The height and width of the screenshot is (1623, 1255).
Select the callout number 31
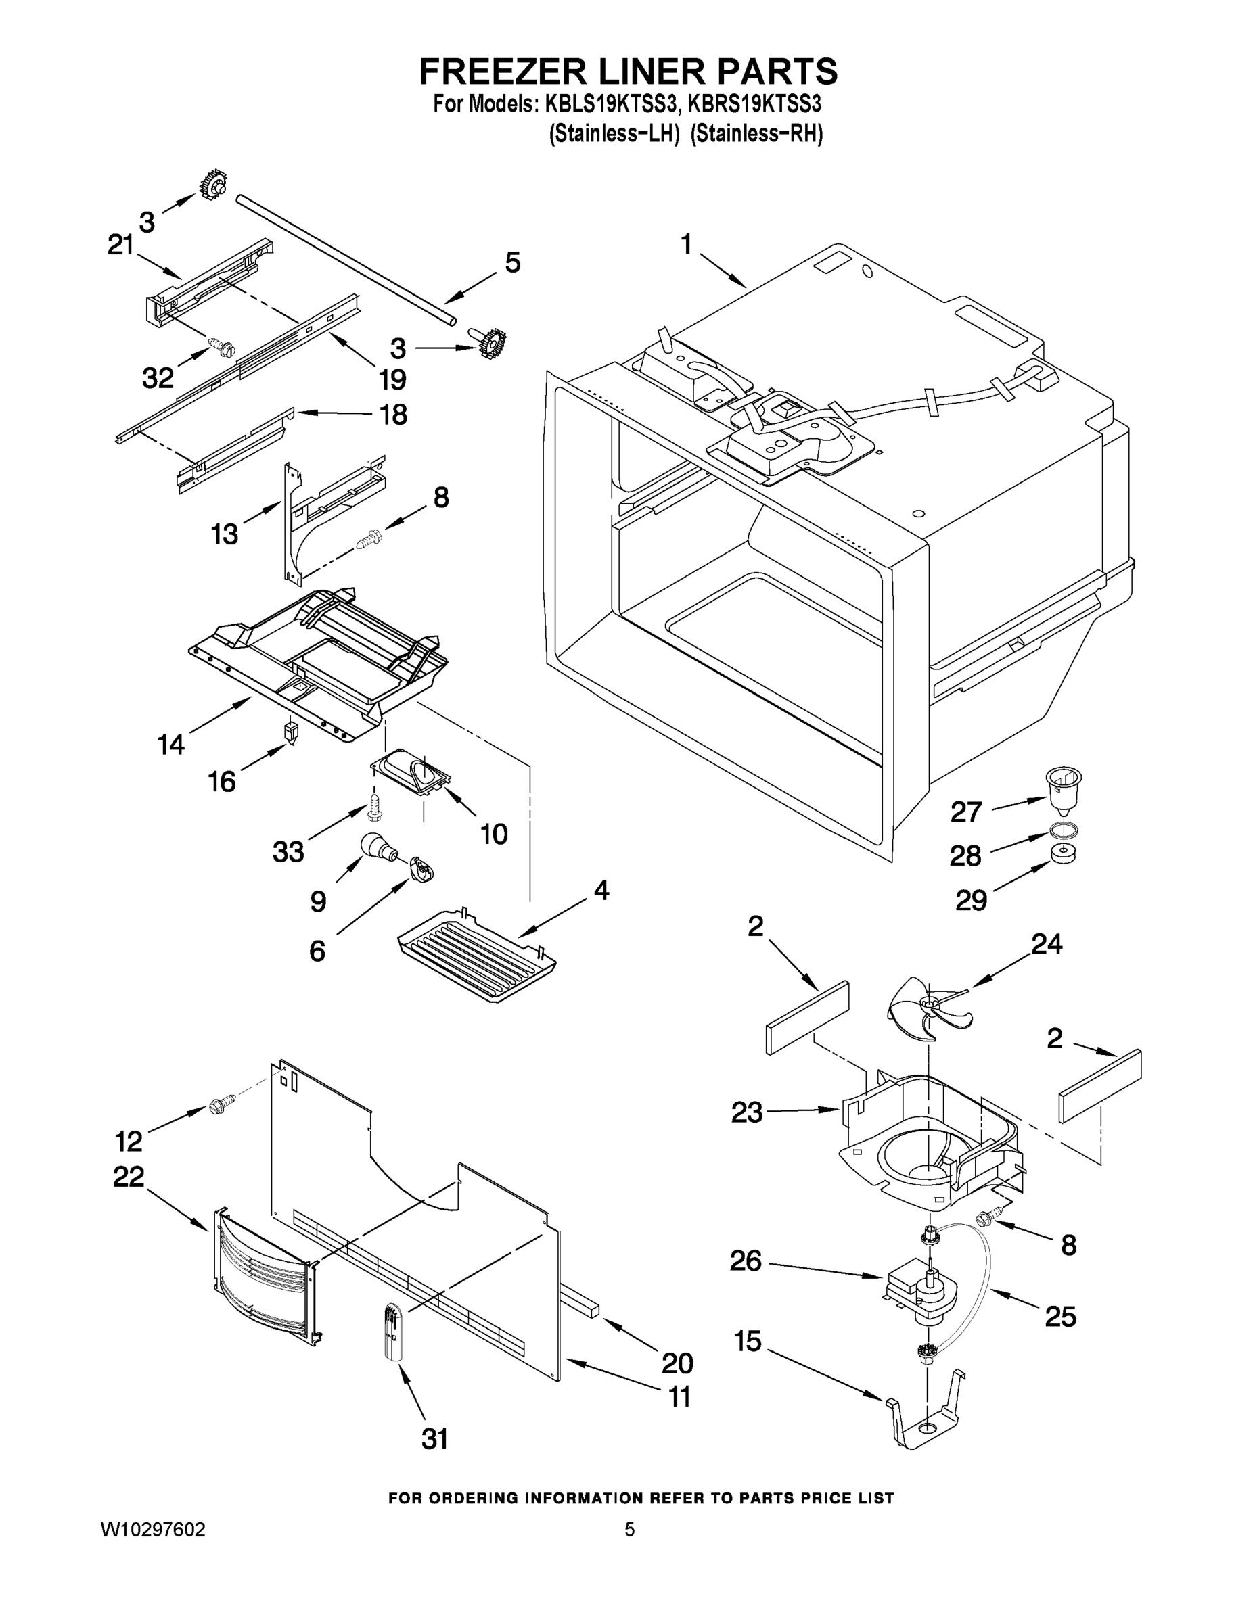(x=435, y=1440)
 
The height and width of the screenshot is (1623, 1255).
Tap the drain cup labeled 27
(x=1062, y=789)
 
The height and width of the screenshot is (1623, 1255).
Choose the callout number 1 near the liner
(x=686, y=243)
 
